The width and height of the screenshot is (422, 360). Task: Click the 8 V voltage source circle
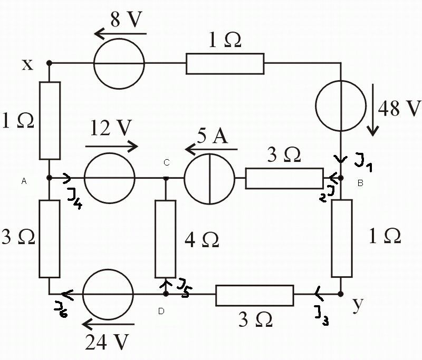point(119,38)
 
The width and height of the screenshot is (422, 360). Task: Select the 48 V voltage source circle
point(341,81)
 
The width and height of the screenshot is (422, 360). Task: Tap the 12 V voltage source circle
point(110,153)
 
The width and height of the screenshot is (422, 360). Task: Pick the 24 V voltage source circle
point(108,269)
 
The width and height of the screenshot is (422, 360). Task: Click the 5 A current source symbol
point(209,154)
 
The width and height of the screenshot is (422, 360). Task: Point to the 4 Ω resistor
point(166,239)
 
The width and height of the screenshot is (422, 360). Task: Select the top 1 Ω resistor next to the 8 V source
point(225,64)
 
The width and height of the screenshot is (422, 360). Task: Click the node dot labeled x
point(49,63)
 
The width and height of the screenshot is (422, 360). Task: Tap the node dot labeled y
point(340,294)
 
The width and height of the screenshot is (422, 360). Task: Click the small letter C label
point(167,162)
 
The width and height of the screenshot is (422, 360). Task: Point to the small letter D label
point(161,311)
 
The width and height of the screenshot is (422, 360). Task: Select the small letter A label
point(24,181)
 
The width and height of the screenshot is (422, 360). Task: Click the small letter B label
point(360,183)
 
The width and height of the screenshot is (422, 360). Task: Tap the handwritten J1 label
point(363,162)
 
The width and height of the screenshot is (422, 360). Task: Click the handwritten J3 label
point(322,315)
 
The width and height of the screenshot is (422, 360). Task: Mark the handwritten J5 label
point(185,288)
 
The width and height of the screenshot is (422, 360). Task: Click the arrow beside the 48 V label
point(373,110)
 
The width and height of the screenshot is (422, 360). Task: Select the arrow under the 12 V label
point(112,147)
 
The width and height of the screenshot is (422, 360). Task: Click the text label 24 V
point(107,342)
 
